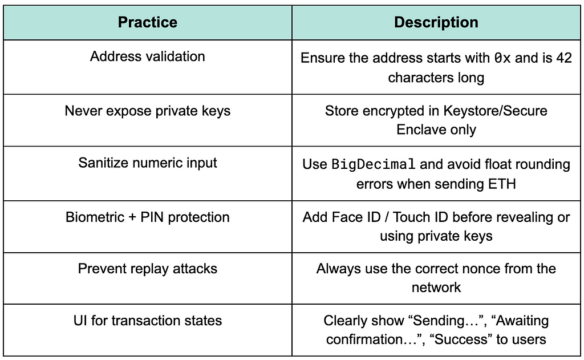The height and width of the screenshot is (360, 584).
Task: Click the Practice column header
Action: click(x=148, y=22)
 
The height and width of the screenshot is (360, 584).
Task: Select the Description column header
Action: click(x=436, y=22)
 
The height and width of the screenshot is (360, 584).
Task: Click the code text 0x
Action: click(x=502, y=58)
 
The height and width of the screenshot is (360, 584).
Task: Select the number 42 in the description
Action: click(x=564, y=58)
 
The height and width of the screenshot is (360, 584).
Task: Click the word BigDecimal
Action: click(x=373, y=164)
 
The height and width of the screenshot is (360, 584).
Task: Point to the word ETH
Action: click(x=504, y=184)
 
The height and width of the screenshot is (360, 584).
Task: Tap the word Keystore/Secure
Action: click(x=496, y=111)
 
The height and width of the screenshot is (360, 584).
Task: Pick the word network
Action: click(x=436, y=288)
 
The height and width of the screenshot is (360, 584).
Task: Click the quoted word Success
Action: click(x=461, y=339)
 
